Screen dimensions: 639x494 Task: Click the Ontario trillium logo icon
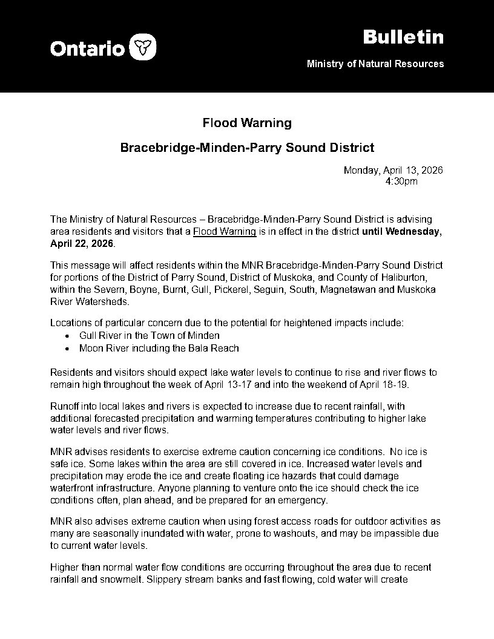coord(143,47)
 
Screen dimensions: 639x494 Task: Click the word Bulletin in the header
coord(403,37)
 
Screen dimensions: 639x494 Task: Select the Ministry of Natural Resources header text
coord(375,64)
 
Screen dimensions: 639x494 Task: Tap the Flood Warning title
coord(247,123)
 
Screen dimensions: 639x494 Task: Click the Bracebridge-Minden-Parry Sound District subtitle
coord(247,147)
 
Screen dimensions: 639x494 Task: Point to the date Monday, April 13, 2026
coord(393,171)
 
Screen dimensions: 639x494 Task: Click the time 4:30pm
coord(401,181)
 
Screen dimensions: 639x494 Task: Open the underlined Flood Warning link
coord(225,232)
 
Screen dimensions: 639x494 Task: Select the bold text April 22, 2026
coord(82,243)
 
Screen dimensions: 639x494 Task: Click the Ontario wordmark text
coord(87,48)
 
